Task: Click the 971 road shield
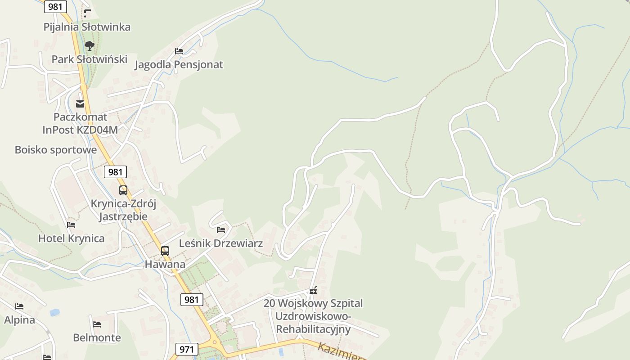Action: [x=186, y=349]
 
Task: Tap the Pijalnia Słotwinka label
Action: [x=87, y=27]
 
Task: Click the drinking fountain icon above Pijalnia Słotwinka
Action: [x=87, y=13]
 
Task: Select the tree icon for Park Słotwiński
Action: [x=90, y=45]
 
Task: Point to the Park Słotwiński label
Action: [x=90, y=59]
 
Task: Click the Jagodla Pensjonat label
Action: [x=179, y=65]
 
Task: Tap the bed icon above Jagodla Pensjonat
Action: [x=179, y=51]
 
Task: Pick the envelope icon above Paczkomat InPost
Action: [x=80, y=104]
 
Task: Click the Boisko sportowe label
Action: [x=56, y=150]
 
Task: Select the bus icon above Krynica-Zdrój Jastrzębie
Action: [x=123, y=190]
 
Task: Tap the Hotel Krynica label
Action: [x=71, y=238]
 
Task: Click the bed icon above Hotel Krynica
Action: [x=71, y=225]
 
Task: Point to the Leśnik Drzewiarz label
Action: [x=221, y=243]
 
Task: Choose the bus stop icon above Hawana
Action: [x=165, y=251]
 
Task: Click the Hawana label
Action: [x=165, y=264]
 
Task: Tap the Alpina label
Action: [x=19, y=320]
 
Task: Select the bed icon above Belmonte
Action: [x=97, y=324]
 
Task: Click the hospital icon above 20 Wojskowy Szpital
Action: [x=313, y=290]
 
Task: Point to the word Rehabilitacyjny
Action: [x=313, y=329]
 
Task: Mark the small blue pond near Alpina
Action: [x=55, y=312]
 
